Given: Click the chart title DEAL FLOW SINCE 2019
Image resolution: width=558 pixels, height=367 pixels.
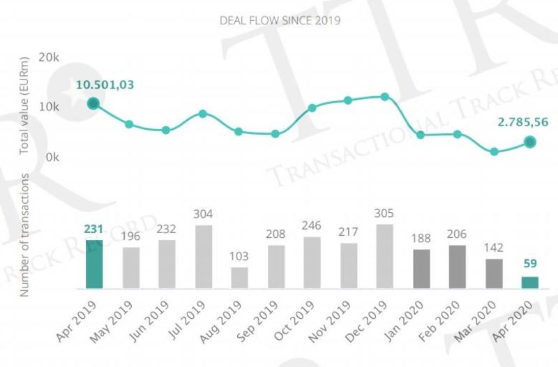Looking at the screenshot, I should coord(279,21).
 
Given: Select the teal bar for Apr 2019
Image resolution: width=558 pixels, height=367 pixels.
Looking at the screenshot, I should coord(93,264).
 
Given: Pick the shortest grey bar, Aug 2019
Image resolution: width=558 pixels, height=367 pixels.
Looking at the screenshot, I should coord(239,278).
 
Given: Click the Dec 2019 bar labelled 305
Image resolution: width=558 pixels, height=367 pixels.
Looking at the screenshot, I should coord(385,256).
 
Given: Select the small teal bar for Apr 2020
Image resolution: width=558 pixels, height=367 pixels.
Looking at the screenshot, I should coord(530,283).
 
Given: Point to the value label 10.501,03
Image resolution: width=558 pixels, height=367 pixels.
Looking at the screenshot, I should coord(105,85).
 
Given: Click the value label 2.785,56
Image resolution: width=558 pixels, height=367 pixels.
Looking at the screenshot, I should coord(522,122).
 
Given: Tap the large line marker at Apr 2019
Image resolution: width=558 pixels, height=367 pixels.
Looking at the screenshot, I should coord(93,104).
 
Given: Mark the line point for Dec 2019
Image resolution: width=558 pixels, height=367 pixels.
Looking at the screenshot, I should coord(385,96).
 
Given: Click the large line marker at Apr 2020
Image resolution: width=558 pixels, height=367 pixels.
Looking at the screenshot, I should coord(530,142).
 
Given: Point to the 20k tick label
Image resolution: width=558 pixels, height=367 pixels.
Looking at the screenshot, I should coord(49,57).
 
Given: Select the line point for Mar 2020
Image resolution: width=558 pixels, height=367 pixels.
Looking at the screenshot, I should coord(494,151).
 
